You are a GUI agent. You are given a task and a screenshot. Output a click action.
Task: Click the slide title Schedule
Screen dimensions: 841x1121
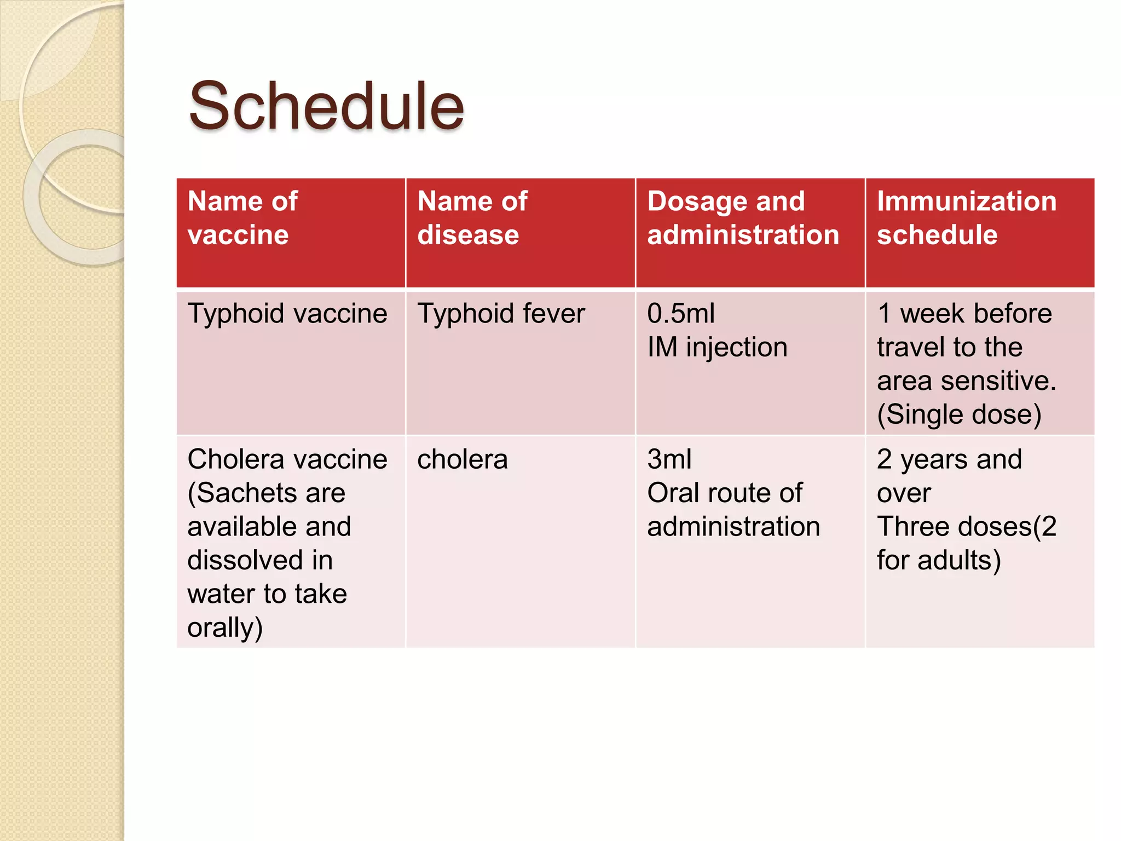326,106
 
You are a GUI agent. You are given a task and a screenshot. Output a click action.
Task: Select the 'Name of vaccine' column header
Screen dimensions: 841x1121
242,218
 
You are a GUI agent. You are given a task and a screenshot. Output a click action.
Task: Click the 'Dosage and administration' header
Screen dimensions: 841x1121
743,218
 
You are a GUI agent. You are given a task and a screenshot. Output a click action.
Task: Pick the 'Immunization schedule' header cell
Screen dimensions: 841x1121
966,218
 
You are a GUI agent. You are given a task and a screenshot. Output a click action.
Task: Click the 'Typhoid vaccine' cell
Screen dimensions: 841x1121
287,314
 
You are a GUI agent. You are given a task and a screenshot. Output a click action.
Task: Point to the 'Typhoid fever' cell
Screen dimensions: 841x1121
501,314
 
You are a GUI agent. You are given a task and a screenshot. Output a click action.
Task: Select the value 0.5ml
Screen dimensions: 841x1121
681,314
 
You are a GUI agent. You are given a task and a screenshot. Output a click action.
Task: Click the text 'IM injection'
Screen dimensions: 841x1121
717,347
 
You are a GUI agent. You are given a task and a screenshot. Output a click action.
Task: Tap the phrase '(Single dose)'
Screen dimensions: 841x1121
959,414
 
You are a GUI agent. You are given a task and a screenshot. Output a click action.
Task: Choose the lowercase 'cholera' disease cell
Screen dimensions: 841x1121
463,459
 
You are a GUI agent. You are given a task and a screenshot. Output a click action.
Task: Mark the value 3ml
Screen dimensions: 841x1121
669,459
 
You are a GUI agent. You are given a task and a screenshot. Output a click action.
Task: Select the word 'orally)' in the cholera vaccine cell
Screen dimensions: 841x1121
225,627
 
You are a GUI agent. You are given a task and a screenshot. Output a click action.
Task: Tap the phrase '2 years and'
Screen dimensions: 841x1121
949,459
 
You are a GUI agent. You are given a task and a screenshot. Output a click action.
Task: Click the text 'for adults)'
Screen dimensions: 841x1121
939,560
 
